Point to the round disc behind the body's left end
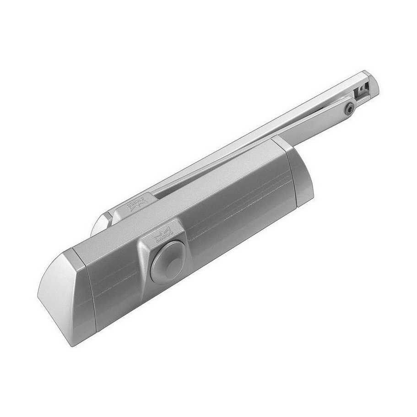[100, 224]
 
